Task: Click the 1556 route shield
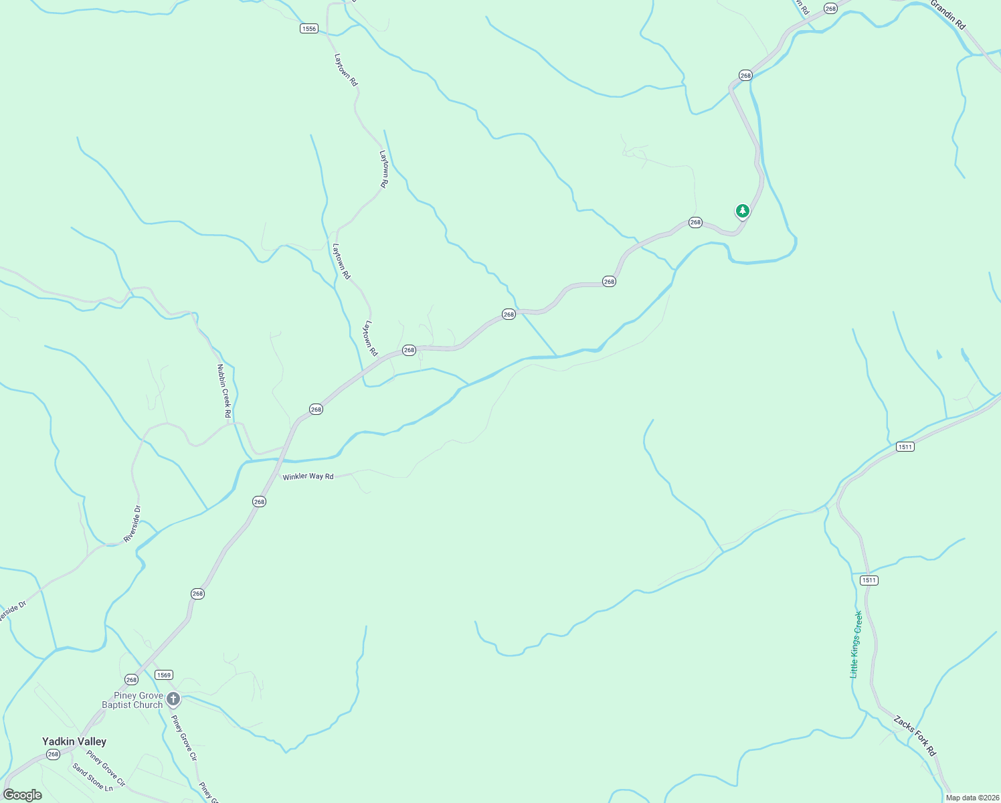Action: [308, 29]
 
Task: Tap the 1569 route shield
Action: [164, 675]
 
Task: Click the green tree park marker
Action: [742, 211]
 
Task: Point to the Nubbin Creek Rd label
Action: [223, 391]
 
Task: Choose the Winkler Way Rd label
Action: [308, 476]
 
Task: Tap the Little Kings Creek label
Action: [856, 644]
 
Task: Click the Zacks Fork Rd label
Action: [915, 735]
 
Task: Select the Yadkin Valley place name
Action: [74, 741]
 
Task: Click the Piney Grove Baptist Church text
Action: [132, 700]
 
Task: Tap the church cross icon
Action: [173, 700]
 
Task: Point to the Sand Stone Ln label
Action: [93, 777]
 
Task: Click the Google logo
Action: [23, 795]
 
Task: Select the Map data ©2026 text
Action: [972, 798]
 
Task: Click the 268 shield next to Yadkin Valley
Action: [53, 754]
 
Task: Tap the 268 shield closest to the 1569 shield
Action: [131, 680]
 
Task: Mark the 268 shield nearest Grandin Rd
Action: [830, 9]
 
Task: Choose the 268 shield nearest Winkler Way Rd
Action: [259, 501]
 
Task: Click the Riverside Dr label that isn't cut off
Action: [132, 524]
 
